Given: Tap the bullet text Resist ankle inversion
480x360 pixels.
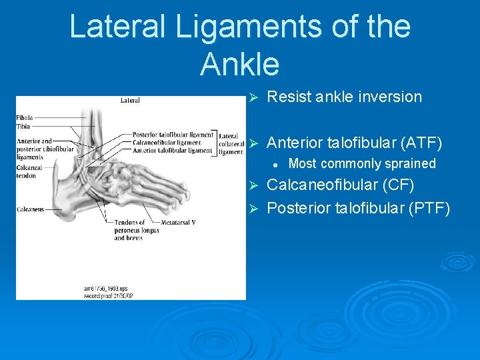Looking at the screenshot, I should click(344, 97).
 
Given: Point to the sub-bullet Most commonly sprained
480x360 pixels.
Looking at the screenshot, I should click(362, 163).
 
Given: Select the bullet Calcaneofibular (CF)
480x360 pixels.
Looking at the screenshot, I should click(340, 185).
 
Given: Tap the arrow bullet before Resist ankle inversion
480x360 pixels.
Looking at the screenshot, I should click(253, 97).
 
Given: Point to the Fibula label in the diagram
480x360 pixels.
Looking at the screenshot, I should click(25, 118).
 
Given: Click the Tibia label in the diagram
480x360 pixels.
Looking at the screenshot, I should click(23, 125).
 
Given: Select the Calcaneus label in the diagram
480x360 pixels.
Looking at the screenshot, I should click(31, 209).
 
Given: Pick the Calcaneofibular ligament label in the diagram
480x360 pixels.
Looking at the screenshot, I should click(167, 142).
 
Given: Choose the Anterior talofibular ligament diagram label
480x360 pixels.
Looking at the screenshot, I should click(173, 150).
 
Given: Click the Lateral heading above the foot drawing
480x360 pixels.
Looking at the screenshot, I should click(130, 101).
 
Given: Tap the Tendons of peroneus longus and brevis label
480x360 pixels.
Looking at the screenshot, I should click(129, 230).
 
